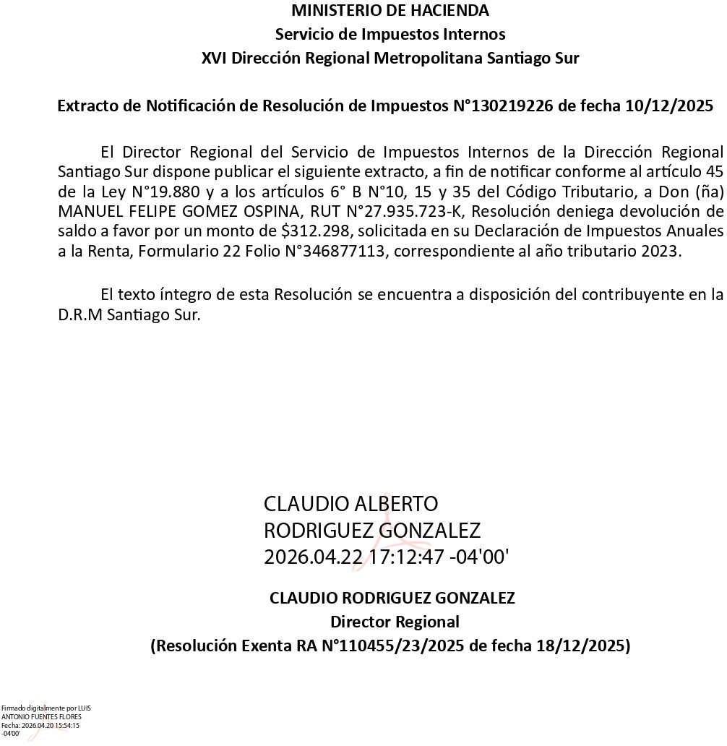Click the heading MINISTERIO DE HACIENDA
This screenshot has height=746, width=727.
390,11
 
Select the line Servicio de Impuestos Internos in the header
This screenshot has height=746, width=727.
390,35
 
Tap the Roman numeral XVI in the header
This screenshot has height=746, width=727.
212,59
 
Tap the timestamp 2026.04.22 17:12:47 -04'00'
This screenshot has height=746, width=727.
387,557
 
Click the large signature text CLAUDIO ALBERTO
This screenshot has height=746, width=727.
350,504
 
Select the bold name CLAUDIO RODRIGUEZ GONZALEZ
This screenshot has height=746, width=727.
392,599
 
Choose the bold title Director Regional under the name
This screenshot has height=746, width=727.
395,622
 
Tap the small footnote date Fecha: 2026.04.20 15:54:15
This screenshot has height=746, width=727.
40,725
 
